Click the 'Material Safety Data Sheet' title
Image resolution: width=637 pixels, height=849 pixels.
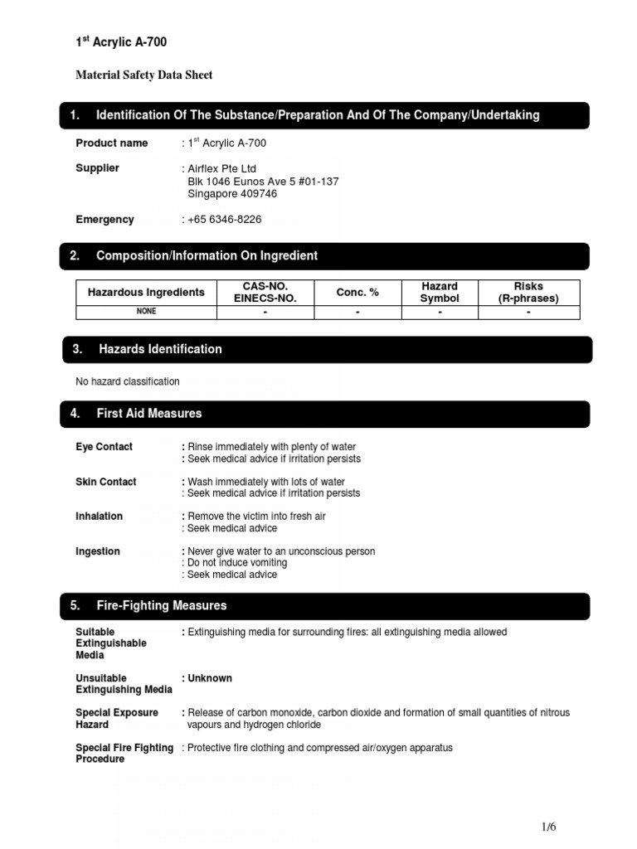pyautogui.click(x=144, y=75)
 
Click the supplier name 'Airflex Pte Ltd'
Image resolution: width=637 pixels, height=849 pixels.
pyautogui.click(x=222, y=168)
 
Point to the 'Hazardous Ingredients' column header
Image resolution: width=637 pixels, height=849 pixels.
pyautogui.click(x=146, y=293)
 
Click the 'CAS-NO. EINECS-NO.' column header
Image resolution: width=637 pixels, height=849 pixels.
pyautogui.click(x=265, y=293)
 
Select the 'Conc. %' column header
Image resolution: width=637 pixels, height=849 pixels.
pyautogui.click(x=357, y=293)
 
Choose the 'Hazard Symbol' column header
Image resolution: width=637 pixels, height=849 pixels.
pyautogui.click(x=440, y=293)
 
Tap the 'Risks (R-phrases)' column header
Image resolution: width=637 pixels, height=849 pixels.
pyautogui.click(x=528, y=293)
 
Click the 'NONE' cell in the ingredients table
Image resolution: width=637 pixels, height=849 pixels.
pyautogui.click(x=146, y=312)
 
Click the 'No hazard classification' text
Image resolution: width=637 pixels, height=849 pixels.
pyautogui.click(x=128, y=382)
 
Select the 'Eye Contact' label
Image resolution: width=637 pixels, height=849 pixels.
pyautogui.click(x=104, y=447)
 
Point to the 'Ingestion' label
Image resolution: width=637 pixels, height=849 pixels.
pyautogui.click(x=98, y=551)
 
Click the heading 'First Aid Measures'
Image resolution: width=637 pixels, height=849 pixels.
pyautogui.click(x=149, y=414)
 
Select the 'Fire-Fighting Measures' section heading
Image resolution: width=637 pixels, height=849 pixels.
pyautogui.click(x=162, y=606)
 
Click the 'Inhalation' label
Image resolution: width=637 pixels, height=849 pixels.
pyautogui.click(x=99, y=517)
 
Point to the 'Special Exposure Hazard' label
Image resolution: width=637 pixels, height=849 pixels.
pyautogui.click(x=117, y=719)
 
